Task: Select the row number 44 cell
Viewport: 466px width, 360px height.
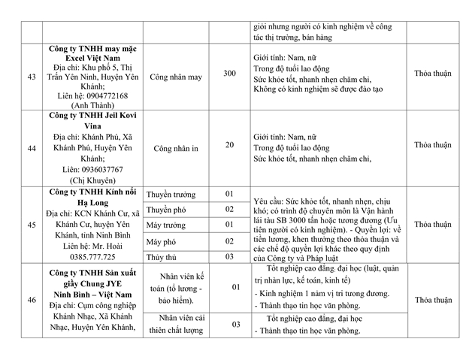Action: click(32, 149)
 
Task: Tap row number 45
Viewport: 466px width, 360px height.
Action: click(32, 224)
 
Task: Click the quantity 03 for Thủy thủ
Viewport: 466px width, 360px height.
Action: click(230, 256)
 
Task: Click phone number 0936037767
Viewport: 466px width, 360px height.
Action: click(98, 169)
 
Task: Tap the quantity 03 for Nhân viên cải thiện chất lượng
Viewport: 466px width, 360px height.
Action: click(235, 324)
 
